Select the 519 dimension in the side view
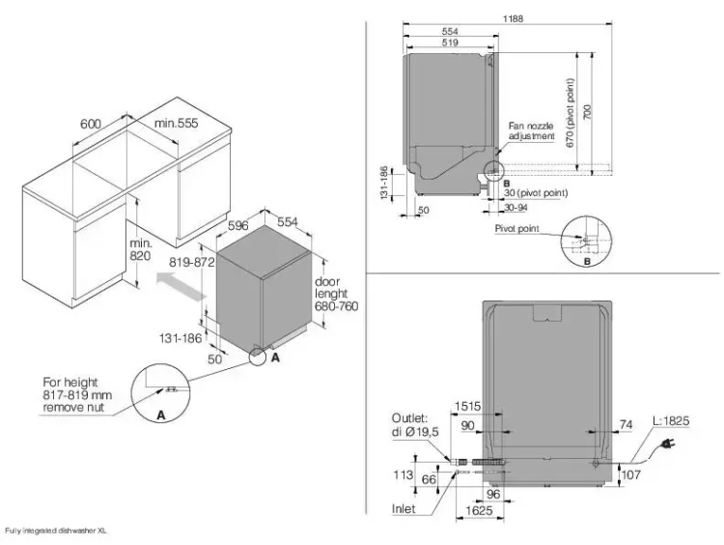(x=450, y=43)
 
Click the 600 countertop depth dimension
(x=90, y=124)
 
